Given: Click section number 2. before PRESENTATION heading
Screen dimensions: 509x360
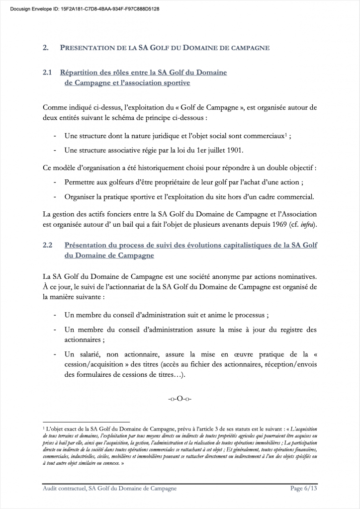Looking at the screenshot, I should (x=46, y=48).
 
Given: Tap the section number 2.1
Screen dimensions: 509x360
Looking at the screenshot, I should (x=48, y=73).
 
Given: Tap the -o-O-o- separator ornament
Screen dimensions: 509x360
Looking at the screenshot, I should (x=180, y=399).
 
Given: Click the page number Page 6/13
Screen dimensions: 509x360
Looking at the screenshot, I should (x=303, y=489).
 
